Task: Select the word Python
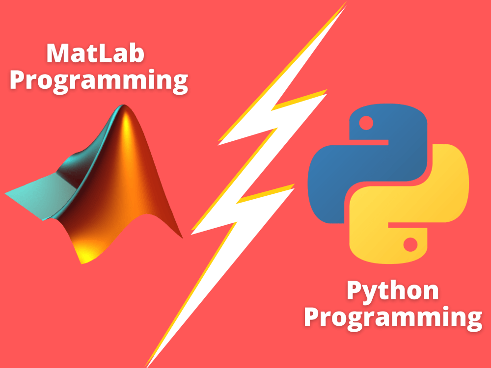coord(392,291)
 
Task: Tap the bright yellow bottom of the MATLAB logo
coord(84,253)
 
